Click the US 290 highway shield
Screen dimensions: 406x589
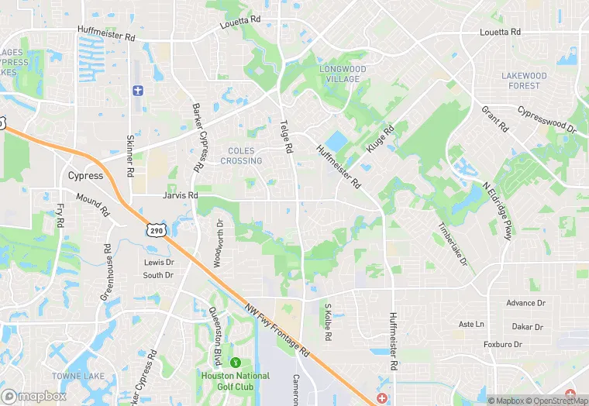[x=157, y=230]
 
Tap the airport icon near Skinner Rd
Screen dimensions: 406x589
[x=139, y=91]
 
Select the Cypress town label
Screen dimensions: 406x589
[x=85, y=175]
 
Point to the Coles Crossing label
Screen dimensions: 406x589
[x=241, y=156]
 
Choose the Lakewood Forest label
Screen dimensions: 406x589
[x=524, y=81]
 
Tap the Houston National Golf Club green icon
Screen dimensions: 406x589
[x=236, y=362]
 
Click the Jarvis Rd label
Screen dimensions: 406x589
[x=181, y=195]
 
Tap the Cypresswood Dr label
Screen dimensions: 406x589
[x=547, y=119]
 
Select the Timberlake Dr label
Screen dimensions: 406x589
[x=453, y=246]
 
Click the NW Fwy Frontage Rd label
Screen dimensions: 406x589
[x=278, y=329]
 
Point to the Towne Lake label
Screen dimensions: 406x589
[x=73, y=375]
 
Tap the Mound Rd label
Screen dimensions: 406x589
[x=93, y=203]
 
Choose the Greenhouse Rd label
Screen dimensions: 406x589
[x=107, y=270]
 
